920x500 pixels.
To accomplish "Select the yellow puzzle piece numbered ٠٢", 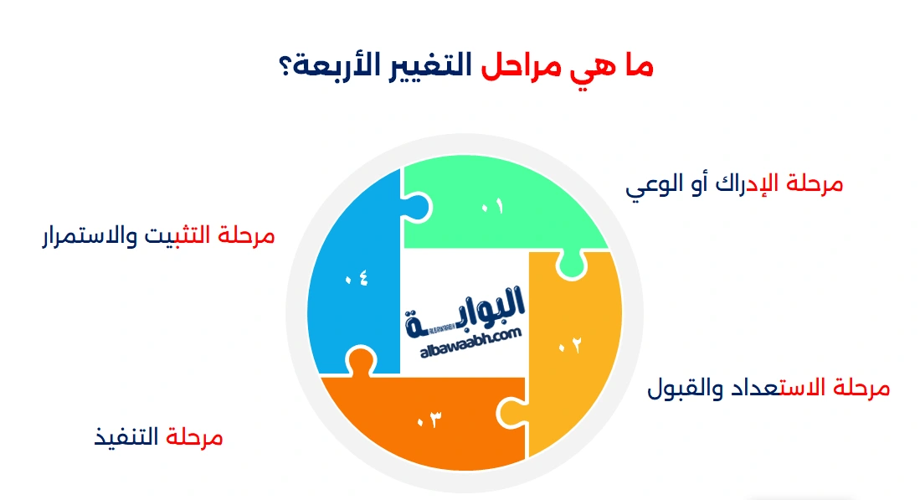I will point(578,352).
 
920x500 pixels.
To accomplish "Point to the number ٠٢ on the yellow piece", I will point(570,345).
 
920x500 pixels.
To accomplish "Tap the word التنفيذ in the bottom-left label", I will point(126,437).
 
